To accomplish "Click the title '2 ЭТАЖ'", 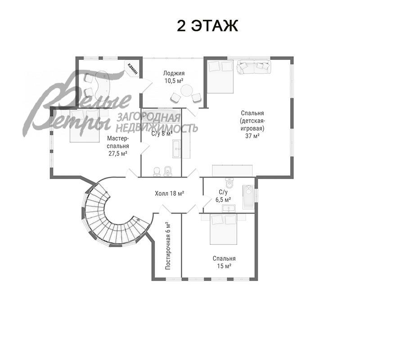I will click(x=207, y=26).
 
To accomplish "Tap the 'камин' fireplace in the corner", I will click(x=132, y=69).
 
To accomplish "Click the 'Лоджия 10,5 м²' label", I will click(x=174, y=76).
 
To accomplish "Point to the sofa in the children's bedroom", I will click(x=254, y=67).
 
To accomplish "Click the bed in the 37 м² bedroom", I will click(x=220, y=76).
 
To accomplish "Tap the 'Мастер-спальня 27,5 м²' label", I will click(x=118, y=146).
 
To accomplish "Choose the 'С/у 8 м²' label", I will click(x=162, y=134).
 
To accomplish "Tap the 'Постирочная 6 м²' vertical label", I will click(x=167, y=245).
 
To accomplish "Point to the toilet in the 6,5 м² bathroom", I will click(x=230, y=184).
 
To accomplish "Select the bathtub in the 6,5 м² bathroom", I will click(x=248, y=197).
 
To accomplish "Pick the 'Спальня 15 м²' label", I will click(x=224, y=262).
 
